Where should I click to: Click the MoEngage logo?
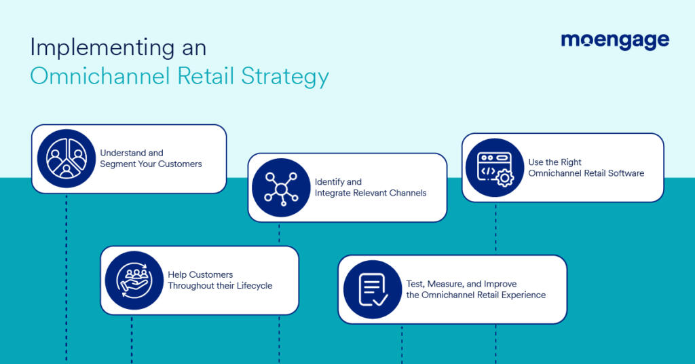[615, 41]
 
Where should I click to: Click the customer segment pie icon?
[67, 158]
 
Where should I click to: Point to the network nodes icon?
[280, 187]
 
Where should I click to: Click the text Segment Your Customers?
[151, 164]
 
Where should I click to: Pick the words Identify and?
[338, 182]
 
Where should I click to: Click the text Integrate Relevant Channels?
[371, 193]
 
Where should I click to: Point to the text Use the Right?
[555, 162]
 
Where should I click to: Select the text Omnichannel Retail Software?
[586, 173]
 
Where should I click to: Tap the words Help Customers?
[200, 275]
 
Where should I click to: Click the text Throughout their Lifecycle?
[220, 286]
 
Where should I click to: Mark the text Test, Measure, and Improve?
[462, 284]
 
